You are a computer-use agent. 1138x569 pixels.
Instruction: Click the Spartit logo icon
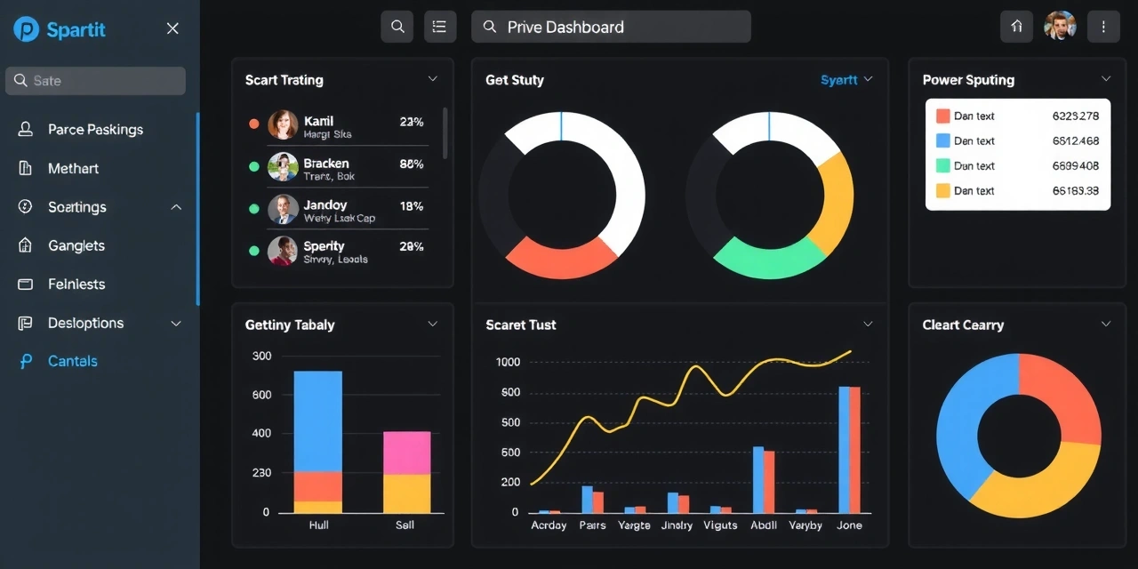tap(27, 29)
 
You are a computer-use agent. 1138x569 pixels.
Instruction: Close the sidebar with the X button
tap(172, 28)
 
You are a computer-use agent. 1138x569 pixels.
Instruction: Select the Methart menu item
tap(73, 168)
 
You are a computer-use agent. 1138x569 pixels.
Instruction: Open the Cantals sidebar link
tap(72, 361)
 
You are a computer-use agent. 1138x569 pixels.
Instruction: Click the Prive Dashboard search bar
tap(611, 27)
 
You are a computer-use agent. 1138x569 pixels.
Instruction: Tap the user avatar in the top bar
tap(1060, 27)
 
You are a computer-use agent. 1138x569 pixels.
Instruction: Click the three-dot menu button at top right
tap(1103, 27)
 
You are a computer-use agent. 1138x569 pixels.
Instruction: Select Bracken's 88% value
tap(412, 164)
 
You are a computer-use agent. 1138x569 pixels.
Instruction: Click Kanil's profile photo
tap(283, 124)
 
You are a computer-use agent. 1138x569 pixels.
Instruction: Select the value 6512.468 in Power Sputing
tap(1075, 140)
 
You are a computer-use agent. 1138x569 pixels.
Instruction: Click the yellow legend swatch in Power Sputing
tap(943, 190)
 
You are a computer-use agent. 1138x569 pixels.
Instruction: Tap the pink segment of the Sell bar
tap(406, 452)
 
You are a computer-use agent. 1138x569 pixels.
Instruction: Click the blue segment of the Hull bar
tap(317, 420)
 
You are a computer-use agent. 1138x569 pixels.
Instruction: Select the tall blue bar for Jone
tap(844, 449)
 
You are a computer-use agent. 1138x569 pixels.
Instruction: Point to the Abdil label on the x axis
tap(764, 525)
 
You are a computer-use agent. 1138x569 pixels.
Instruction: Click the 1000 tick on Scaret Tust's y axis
tap(509, 362)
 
